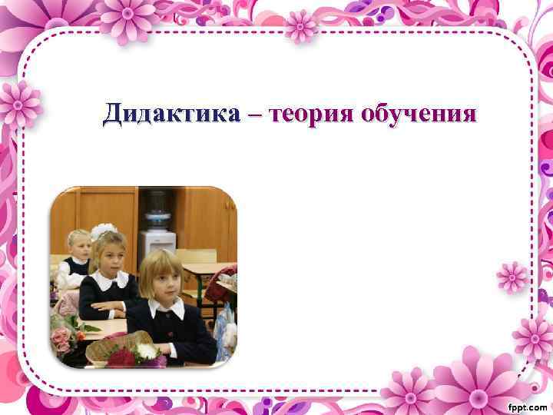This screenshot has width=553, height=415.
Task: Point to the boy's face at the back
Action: [x=79, y=244]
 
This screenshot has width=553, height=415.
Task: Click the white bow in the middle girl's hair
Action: [x=102, y=229]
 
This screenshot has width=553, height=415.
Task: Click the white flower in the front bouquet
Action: [x=146, y=351]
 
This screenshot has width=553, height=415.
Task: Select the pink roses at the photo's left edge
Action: [x=61, y=338]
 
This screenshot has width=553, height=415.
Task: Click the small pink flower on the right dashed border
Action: [x=512, y=276]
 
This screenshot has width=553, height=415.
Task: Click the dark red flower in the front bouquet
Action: [x=121, y=357]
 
